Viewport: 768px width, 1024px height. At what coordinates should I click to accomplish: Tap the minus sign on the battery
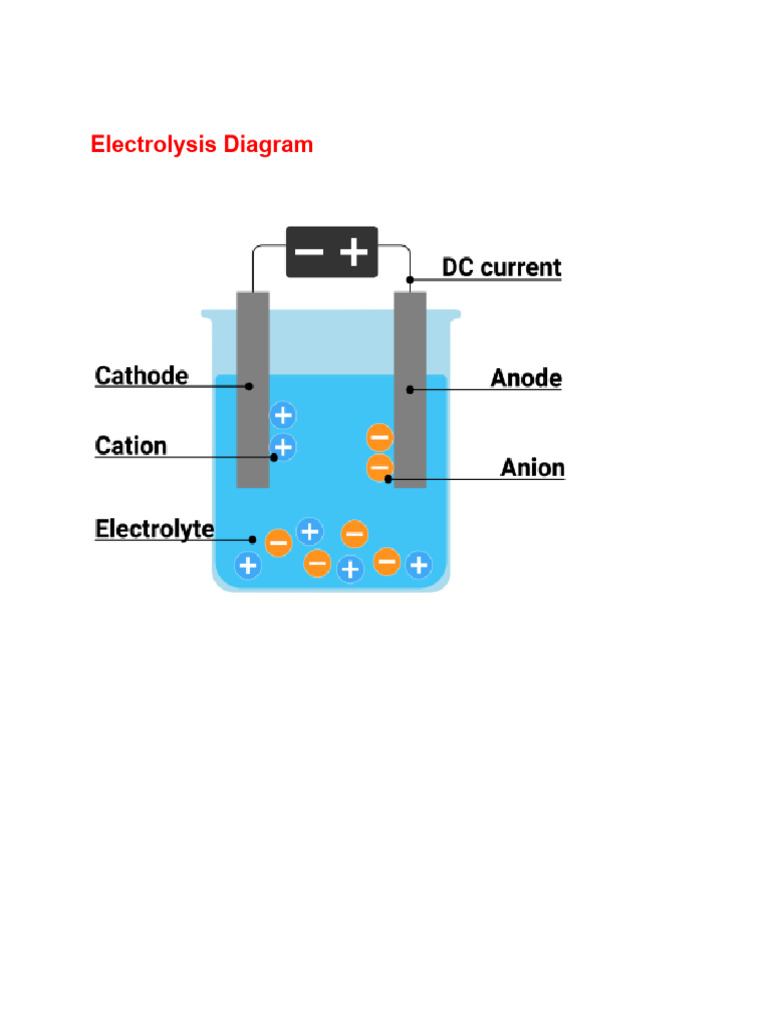(x=309, y=252)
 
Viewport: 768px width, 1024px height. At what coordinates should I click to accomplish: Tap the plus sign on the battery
(x=354, y=252)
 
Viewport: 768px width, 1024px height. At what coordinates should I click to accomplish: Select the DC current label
(x=502, y=268)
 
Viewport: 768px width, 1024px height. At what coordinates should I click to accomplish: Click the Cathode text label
(x=141, y=376)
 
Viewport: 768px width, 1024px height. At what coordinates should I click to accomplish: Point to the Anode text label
(x=526, y=379)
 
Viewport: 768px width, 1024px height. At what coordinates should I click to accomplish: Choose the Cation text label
(x=131, y=445)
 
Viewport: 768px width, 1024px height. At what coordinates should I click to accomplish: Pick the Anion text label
(x=532, y=468)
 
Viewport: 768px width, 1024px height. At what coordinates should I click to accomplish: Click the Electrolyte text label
(x=154, y=528)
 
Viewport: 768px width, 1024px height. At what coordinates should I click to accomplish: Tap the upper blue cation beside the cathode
(x=283, y=415)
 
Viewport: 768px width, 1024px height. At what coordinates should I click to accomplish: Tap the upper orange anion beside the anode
(x=380, y=437)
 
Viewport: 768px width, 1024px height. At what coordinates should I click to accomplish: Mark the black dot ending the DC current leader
(x=410, y=280)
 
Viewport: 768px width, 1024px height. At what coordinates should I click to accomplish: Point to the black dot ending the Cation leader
(x=273, y=457)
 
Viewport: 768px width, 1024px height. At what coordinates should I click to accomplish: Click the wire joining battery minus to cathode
(x=254, y=265)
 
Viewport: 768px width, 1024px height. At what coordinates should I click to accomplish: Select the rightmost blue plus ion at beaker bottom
(x=418, y=565)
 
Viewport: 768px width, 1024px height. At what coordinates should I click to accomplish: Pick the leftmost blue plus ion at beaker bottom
(x=248, y=565)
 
